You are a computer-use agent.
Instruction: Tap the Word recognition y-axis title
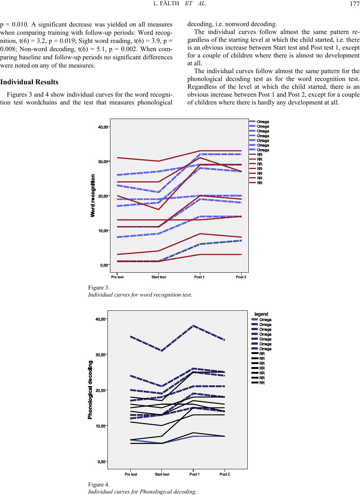[93, 196]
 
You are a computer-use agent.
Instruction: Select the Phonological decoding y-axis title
[90, 389]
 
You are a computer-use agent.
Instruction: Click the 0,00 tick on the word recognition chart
[104, 265]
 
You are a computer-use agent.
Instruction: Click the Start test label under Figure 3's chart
[159, 277]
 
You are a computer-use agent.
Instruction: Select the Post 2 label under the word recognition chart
[241, 277]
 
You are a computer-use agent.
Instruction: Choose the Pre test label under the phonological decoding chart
[131, 474]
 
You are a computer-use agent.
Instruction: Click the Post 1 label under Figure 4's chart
[194, 474]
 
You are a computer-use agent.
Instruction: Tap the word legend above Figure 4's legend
[261, 314]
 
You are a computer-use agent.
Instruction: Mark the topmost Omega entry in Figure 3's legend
[263, 122]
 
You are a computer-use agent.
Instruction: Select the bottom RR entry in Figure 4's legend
[262, 383]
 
